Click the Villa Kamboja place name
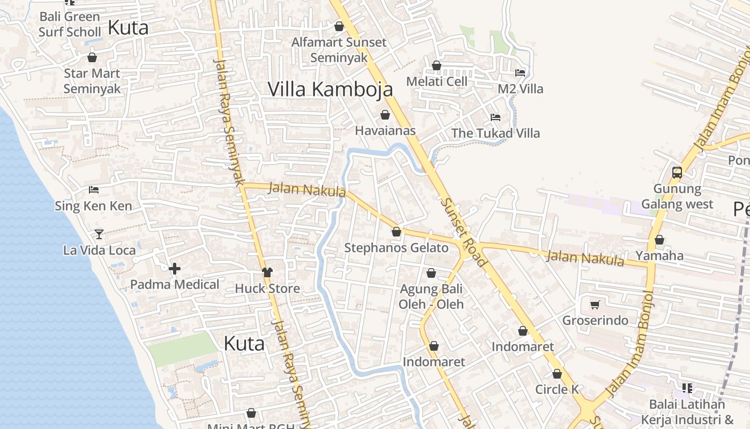[330, 90]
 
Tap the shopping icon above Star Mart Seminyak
[92, 57]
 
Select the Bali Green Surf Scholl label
[70, 24]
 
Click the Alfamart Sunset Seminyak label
[339, 50]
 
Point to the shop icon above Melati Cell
[437, 65]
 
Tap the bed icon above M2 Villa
[520, 72]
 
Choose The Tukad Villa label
[496, 133]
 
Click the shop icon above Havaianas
[385, 115]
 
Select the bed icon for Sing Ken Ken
[94, 189]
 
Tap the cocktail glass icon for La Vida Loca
[99, 234]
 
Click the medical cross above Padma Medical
[175, 269]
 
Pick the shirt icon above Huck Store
[267, 272]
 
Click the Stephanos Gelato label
[396, 248]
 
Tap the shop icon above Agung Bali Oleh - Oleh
[431, 273]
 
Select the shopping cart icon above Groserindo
[595, 305]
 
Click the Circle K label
[557, 389]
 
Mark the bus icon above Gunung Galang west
[677, 173]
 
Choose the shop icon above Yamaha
[659, 240]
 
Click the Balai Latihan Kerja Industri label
[687, 412]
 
